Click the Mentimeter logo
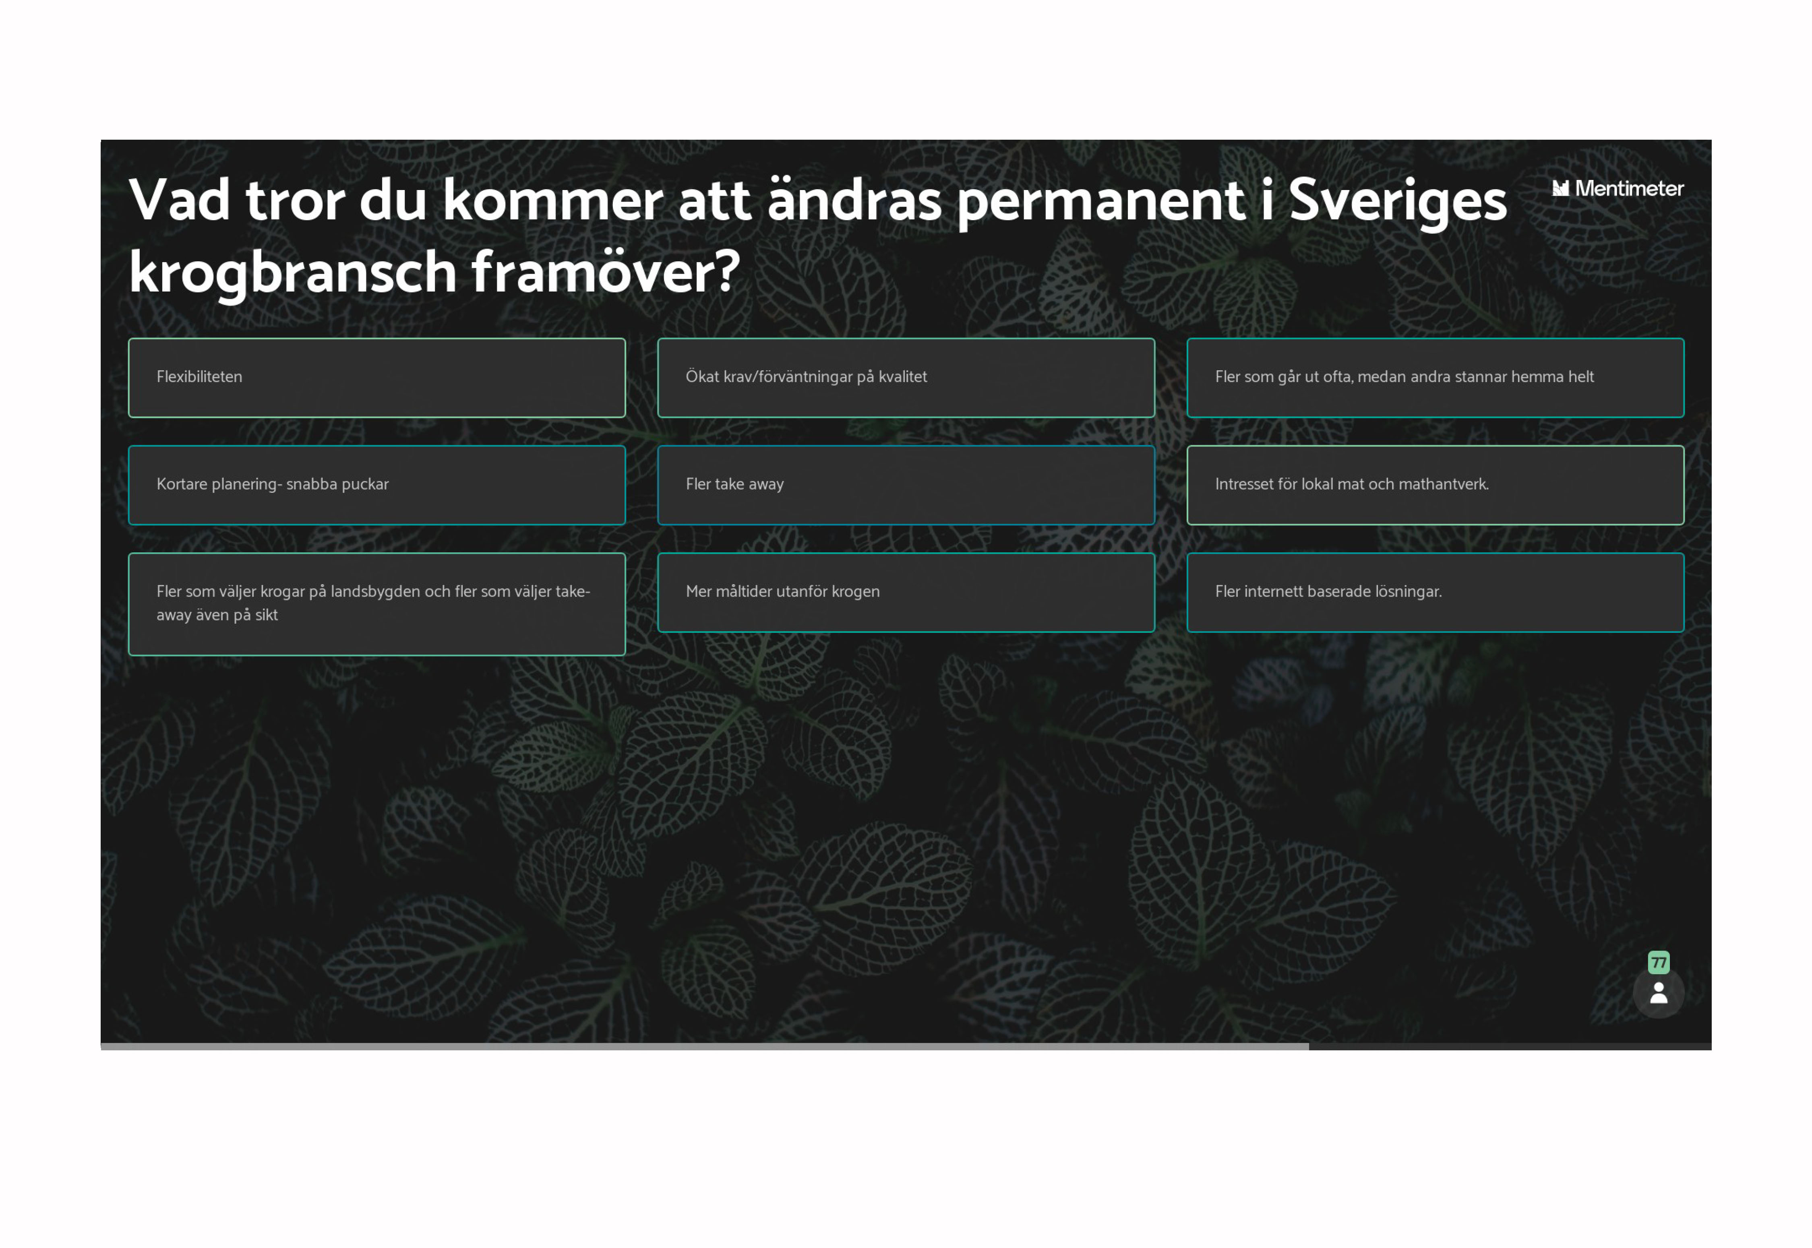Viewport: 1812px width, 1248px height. pos(1617,188)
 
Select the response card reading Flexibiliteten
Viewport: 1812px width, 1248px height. pos(377,378)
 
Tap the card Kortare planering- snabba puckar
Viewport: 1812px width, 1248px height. pos(377,485)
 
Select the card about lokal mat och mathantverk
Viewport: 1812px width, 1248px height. pos(1435,485)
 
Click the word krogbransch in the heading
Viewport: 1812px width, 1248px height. pos(292,274)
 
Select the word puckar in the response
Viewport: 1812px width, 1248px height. pos(364,485)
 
